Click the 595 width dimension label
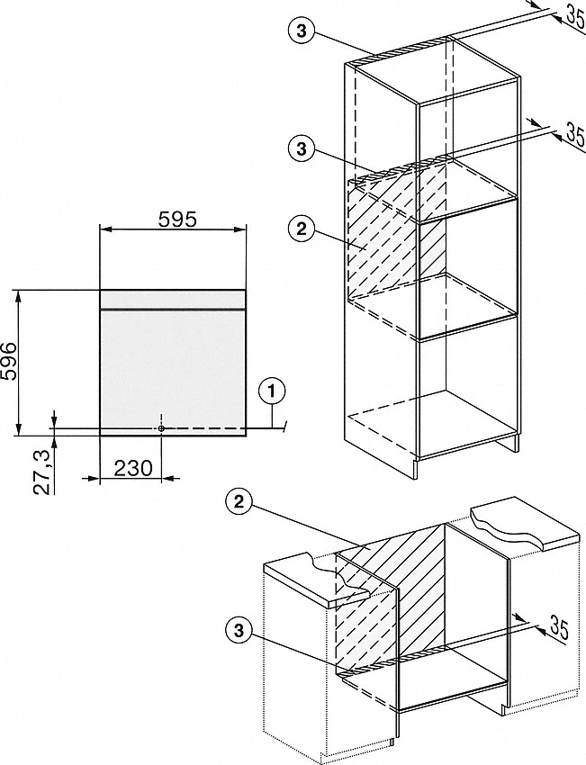(177, 219)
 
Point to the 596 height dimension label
(10, 363)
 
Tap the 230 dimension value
(133, 468)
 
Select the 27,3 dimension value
(43, 472)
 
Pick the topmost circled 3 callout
(302, 31)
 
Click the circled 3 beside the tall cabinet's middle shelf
(302, 148)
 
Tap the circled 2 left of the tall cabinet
(302, 229)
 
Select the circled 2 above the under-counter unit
(239, 502)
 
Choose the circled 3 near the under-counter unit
(239, 631)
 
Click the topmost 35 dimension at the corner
(576, 13)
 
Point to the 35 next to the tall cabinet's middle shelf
(575, 134)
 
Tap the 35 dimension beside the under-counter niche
(559, 627)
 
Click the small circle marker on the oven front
(161, 427)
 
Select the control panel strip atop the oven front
(172, 300)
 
